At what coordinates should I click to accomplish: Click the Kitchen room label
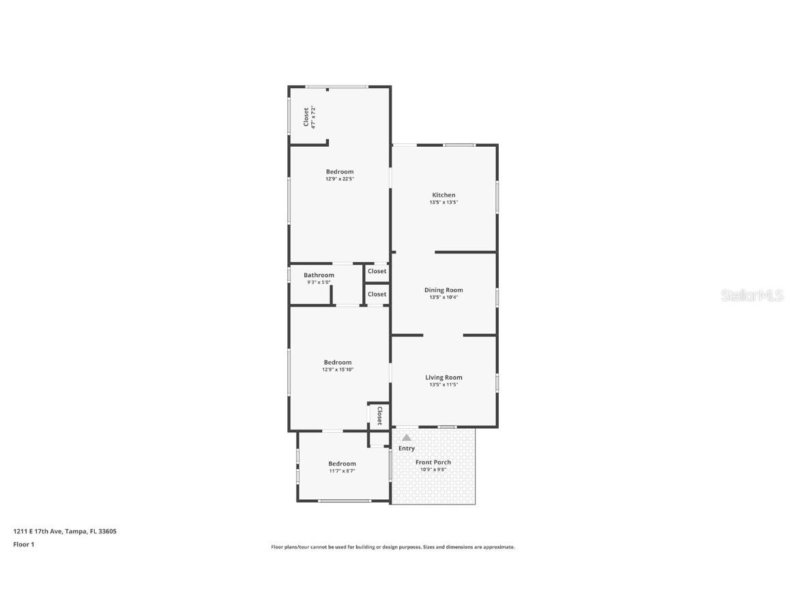[x=443, y=195]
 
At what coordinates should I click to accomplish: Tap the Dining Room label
[x=443, y=290]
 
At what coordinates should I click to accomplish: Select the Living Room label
[x=443, y=378]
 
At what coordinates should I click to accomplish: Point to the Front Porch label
[x=433, y=462]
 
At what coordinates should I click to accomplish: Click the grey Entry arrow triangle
[x=406, y=438]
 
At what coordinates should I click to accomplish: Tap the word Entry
[x=406, y=449]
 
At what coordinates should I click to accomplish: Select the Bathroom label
[x=319, y=275]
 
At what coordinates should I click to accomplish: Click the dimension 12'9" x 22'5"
[x=339, y=179]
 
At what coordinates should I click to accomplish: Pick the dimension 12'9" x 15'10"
[x=338, y=369]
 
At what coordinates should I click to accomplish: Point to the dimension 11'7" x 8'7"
[x=342, y=470]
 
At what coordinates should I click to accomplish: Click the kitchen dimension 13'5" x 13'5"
[x=443, y=202]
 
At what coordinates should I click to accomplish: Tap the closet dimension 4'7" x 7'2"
[x=313, y=117]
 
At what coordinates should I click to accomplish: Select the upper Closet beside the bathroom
[x=377, y=271]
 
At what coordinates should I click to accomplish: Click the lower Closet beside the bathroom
[x=377, y=294]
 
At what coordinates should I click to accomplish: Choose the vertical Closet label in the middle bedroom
[x=379, y=416]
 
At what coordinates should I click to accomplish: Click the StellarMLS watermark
[x=753, y=295]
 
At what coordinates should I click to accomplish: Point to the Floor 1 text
[x=23, y=544]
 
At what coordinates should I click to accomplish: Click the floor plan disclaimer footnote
[x=392, y=547]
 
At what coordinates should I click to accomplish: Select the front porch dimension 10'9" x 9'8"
[x=433, y=470]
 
